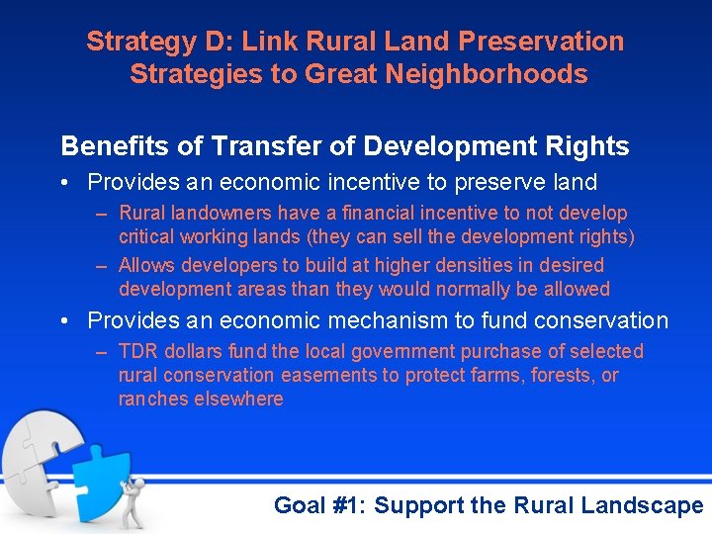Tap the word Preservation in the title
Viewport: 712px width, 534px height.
coord(542,42)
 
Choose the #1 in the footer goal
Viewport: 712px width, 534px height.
coord(344,505)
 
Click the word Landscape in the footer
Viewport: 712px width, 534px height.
coord(642,505)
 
